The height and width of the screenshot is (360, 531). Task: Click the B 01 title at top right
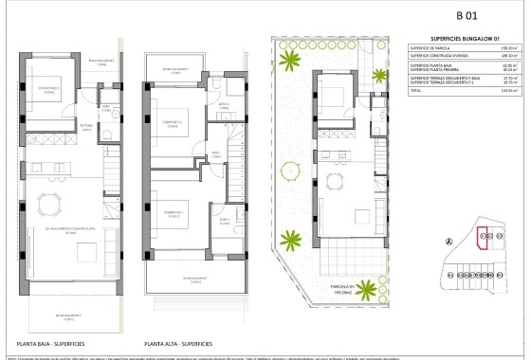(465, 14)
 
